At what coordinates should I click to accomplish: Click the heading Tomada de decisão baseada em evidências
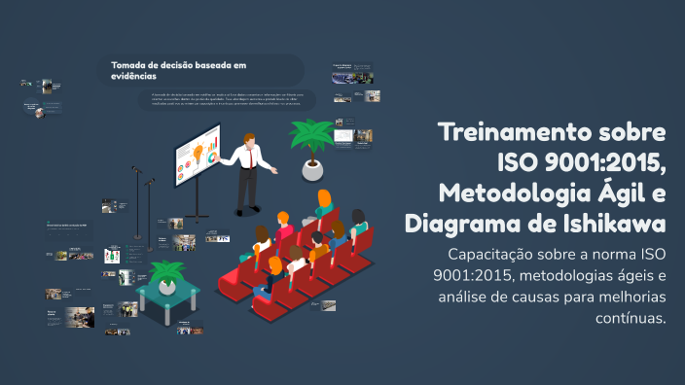pos(178,70)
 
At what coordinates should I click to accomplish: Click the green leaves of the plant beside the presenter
pos(312,137)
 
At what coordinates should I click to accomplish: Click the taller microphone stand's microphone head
pos(136,170)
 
